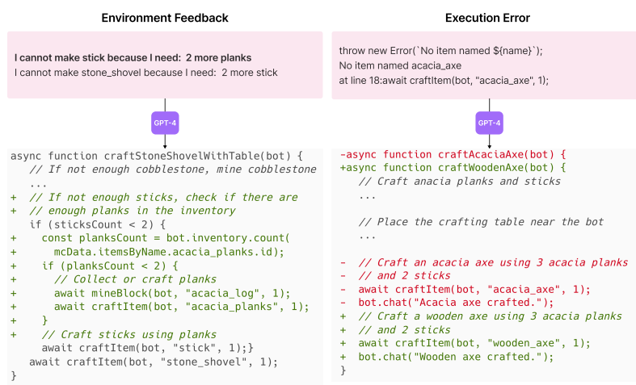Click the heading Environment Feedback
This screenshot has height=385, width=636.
tap(164, 18)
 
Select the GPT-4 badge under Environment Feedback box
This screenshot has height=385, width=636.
tap(164, 123)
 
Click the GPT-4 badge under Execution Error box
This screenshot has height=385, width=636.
tap(488, 123)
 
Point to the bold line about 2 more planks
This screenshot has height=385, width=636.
tap(133, 58)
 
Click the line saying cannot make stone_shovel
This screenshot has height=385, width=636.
tap(145, 73)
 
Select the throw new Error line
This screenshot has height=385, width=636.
tap(440, 50)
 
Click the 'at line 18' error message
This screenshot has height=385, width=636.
tap(443, 79)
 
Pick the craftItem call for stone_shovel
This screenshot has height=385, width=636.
tap(153, 362)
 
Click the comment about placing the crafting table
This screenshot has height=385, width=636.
tap(481, 222)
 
